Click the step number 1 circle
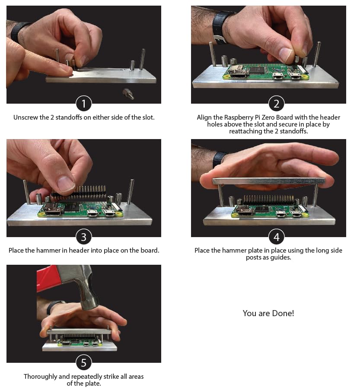click(x=84, y=104)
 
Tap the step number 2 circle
click(x=276, y=104)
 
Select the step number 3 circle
click(x=84, y=237)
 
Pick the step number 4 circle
click(x=276, y=237)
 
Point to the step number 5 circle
click(x=84, y=363)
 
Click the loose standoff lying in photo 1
click(x=128, y=94)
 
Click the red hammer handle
click(x=47, y=278)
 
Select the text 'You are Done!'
click(x=268, y=313)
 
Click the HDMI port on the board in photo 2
click(x=238, y=74)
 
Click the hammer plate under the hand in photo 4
click(x=269, y=181)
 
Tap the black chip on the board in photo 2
click(x=256, y=70)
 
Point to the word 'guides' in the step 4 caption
click(x=280, y=257)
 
